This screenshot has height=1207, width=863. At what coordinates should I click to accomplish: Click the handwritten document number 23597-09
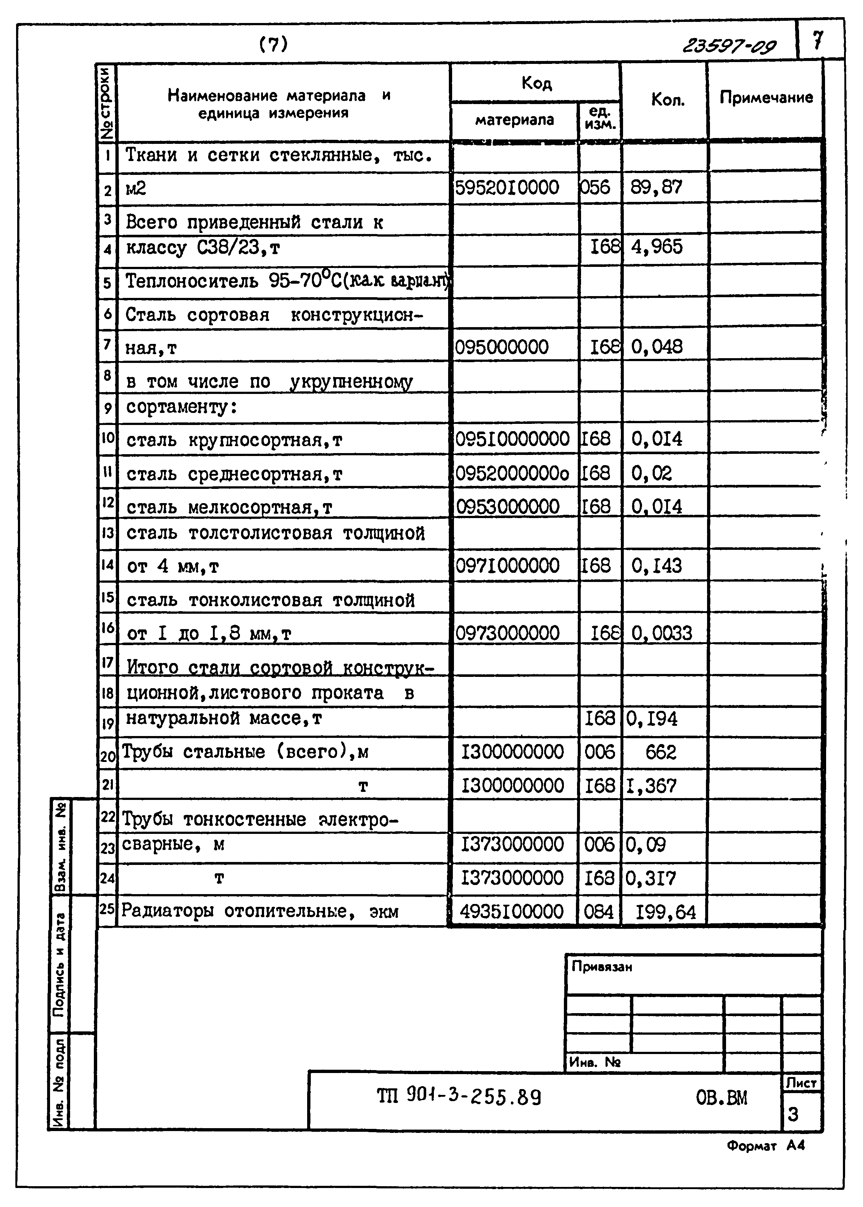tap(729, 47)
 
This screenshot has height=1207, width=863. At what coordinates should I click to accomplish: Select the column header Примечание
tap(766, 98)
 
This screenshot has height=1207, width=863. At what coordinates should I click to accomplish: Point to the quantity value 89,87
tap(656, 188)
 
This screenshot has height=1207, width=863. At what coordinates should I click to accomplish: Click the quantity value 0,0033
tap(662, 633)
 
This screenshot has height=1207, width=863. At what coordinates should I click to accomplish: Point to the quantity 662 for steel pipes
tap(661, 752)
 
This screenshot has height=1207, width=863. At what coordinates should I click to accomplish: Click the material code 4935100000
tap(511, 912)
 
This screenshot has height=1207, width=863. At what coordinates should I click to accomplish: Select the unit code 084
tap(598, 912)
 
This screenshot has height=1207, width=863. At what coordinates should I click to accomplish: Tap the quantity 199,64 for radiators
tap(665, 912)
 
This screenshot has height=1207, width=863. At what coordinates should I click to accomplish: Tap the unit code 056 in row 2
tap(595, 188)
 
